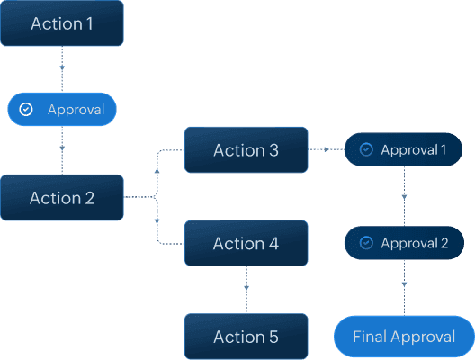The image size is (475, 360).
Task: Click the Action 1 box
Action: (x=62, y=23)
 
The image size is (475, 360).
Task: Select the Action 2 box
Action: (x=62, y=198)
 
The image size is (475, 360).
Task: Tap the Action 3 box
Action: (x=246, y=150)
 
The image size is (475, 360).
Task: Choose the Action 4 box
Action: (x=246, y=243)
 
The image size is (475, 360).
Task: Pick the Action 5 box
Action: (x=246, y=337)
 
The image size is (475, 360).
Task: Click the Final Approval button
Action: (x=404, y=337)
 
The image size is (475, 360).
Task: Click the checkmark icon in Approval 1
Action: (x=366, y=149)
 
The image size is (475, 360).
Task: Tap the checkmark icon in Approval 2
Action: (x=366, y=243)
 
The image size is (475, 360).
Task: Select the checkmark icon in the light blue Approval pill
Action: (x=26, y=110)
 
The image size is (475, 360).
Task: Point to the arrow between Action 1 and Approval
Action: (x=62, y=68)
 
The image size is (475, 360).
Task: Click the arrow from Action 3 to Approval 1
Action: (x=325, y=149)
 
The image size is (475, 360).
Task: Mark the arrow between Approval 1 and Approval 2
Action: (x=404, y=195)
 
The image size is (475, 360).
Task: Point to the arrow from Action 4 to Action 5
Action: (x=246, y=288)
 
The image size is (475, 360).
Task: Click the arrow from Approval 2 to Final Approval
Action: (x=404, y=284)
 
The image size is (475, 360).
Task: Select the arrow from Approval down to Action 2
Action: (x=62, y=144)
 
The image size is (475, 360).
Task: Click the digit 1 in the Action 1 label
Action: (x=88, y=23)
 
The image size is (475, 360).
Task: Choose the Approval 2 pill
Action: (x=404, y=243)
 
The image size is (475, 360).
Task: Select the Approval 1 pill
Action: (x=404, y=149)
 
